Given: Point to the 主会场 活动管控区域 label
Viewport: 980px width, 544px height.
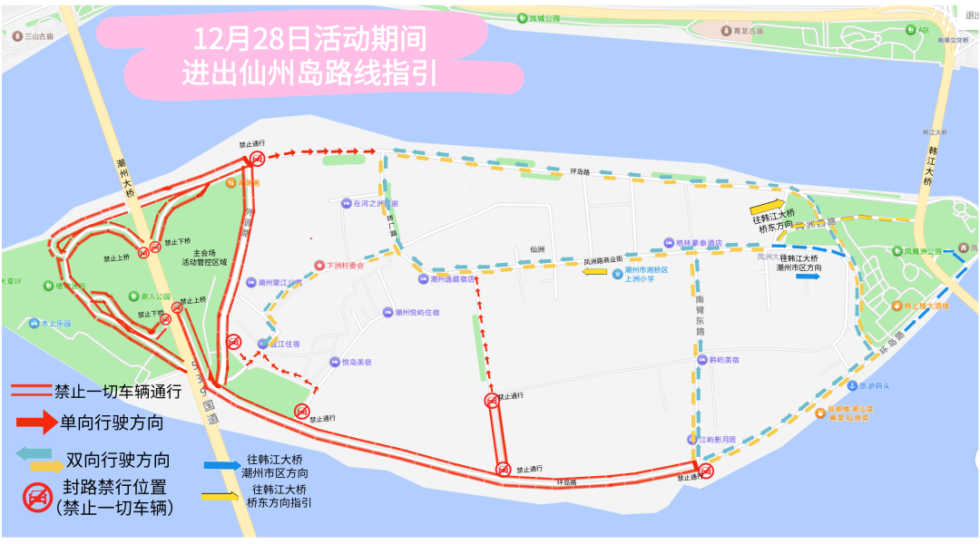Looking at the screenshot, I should coord(203,257).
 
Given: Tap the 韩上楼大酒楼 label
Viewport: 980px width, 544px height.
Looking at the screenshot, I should coord(926,306).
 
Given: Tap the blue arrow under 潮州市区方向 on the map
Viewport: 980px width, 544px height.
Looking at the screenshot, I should coord(807,277).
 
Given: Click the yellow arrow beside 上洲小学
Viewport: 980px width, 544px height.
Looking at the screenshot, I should coord(596,270).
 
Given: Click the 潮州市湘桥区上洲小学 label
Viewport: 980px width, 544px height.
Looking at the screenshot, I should coord(645,275).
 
